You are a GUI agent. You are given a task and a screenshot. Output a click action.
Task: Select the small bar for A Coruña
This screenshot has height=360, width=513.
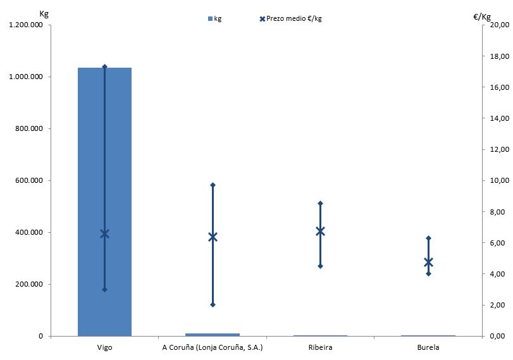[x=213, y=334]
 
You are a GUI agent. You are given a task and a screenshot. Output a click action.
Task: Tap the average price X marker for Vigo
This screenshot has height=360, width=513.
[x=105, y=233]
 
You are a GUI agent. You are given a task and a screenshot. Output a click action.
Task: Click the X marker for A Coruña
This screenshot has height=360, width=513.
[x=213, y=237]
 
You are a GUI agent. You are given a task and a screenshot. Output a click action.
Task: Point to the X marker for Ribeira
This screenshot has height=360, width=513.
[x=320, y=231]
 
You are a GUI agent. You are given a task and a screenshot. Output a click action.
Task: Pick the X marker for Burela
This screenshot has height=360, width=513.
[x=428, y=262]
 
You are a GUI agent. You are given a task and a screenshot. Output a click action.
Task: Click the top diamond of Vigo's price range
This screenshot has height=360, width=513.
[x=105, y=66]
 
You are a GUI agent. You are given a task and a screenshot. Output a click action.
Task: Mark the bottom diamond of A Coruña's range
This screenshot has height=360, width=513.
[x=213, y=305]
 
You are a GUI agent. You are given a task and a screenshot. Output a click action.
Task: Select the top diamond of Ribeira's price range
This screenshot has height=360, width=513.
[x=320, y=203]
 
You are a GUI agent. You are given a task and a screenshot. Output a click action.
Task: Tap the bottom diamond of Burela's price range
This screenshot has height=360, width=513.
[x=428, y=273]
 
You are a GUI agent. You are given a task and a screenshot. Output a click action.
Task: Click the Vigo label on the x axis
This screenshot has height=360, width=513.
[x=105, y=348]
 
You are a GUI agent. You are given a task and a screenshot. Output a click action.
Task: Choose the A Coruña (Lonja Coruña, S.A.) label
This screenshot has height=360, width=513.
[x=213, y=348]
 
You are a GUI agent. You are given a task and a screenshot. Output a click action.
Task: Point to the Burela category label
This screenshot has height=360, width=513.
[x=428, y=348]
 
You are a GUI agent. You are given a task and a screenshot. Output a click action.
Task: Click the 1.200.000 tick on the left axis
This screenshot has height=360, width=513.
[x=26, y=25]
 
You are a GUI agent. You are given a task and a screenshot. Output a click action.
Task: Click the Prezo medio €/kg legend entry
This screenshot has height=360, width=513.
[x=290, y=18]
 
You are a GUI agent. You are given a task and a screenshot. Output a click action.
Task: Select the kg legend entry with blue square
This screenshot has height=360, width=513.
[x=214, y=18]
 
